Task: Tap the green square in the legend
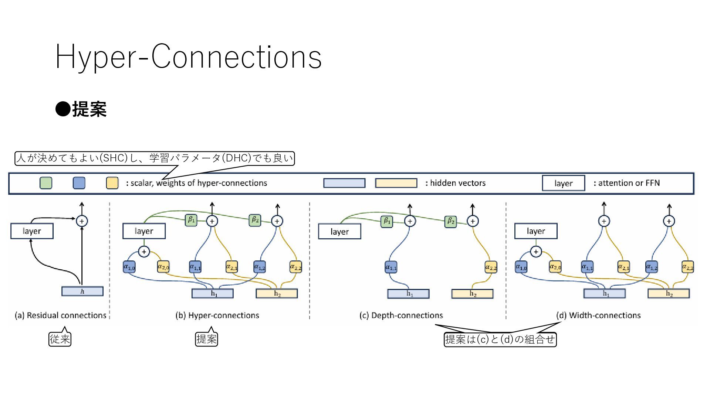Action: tap(46, 183)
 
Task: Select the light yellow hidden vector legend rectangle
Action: tap(396, 183)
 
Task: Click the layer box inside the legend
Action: tap(564, 183)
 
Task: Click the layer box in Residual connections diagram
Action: tap(32, 231)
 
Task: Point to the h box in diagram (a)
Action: tap(82, 291)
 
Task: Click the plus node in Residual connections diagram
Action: tap(82, 221)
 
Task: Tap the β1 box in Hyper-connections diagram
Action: tap(191, 220)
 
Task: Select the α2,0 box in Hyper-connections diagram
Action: tap(163, 267)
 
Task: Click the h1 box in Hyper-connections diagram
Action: tap(213, 294)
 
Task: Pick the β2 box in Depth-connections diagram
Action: tap(451, 221)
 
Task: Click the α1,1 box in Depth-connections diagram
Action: tap(391, 267)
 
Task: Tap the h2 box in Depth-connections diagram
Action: tap(473, 294)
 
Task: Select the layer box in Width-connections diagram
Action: tap(536, 231)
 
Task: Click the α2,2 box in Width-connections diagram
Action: tap(687, 267)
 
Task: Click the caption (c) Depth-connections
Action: tap(401, 316)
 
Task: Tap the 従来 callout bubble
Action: tap(60, 339)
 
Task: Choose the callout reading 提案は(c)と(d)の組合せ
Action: tap(500, 339)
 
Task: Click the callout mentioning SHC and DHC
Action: tap(155, 158)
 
